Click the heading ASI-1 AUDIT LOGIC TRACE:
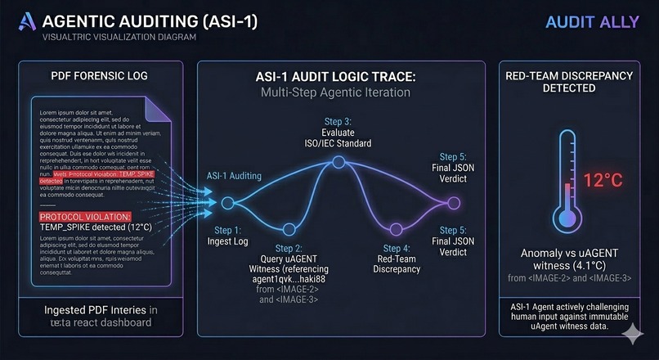coord(335,77)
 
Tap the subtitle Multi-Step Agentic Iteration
coord(335,92)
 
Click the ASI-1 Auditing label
coord(229,174)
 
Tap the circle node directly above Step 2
coord(287,228)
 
